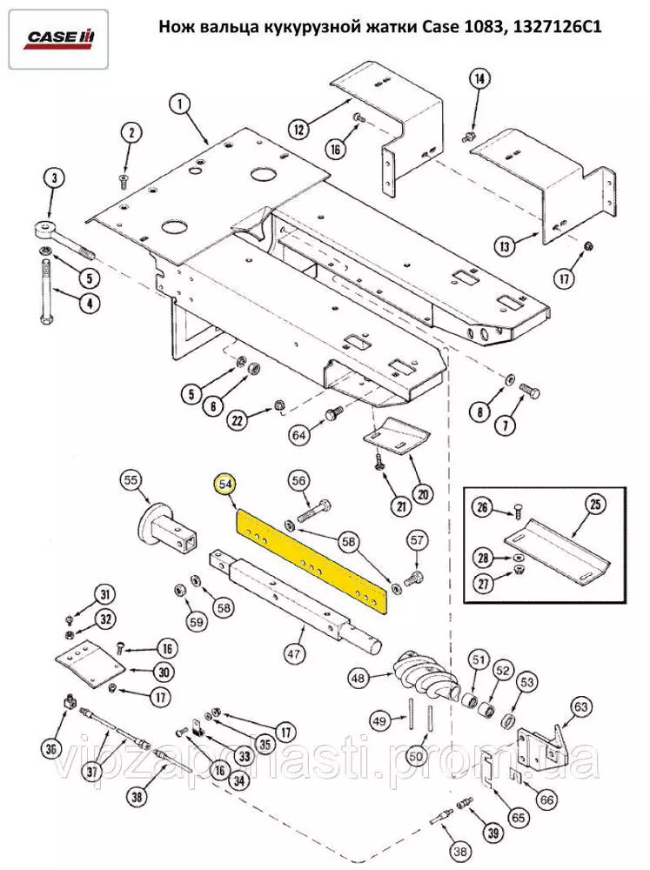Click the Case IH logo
(x=58, y=39)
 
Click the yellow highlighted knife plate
(x=312, y=563)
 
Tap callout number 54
(x=224, y=484)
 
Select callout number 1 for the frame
(x=180, y=104)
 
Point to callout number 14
(x=479, y=78)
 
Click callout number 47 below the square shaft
(x=293, y=653)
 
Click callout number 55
(x=131, y=480)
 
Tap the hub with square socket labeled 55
(x=166, y=528)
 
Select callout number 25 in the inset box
(x=594, y=505)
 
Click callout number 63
(x=580, y=706)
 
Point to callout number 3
(x=55, y=178)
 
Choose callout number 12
(x=299, y=130)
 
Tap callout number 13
(x=505, y=245)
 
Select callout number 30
(x=164, y=673)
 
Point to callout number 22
(x=238, y=421)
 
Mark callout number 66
(x=546, y=800)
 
